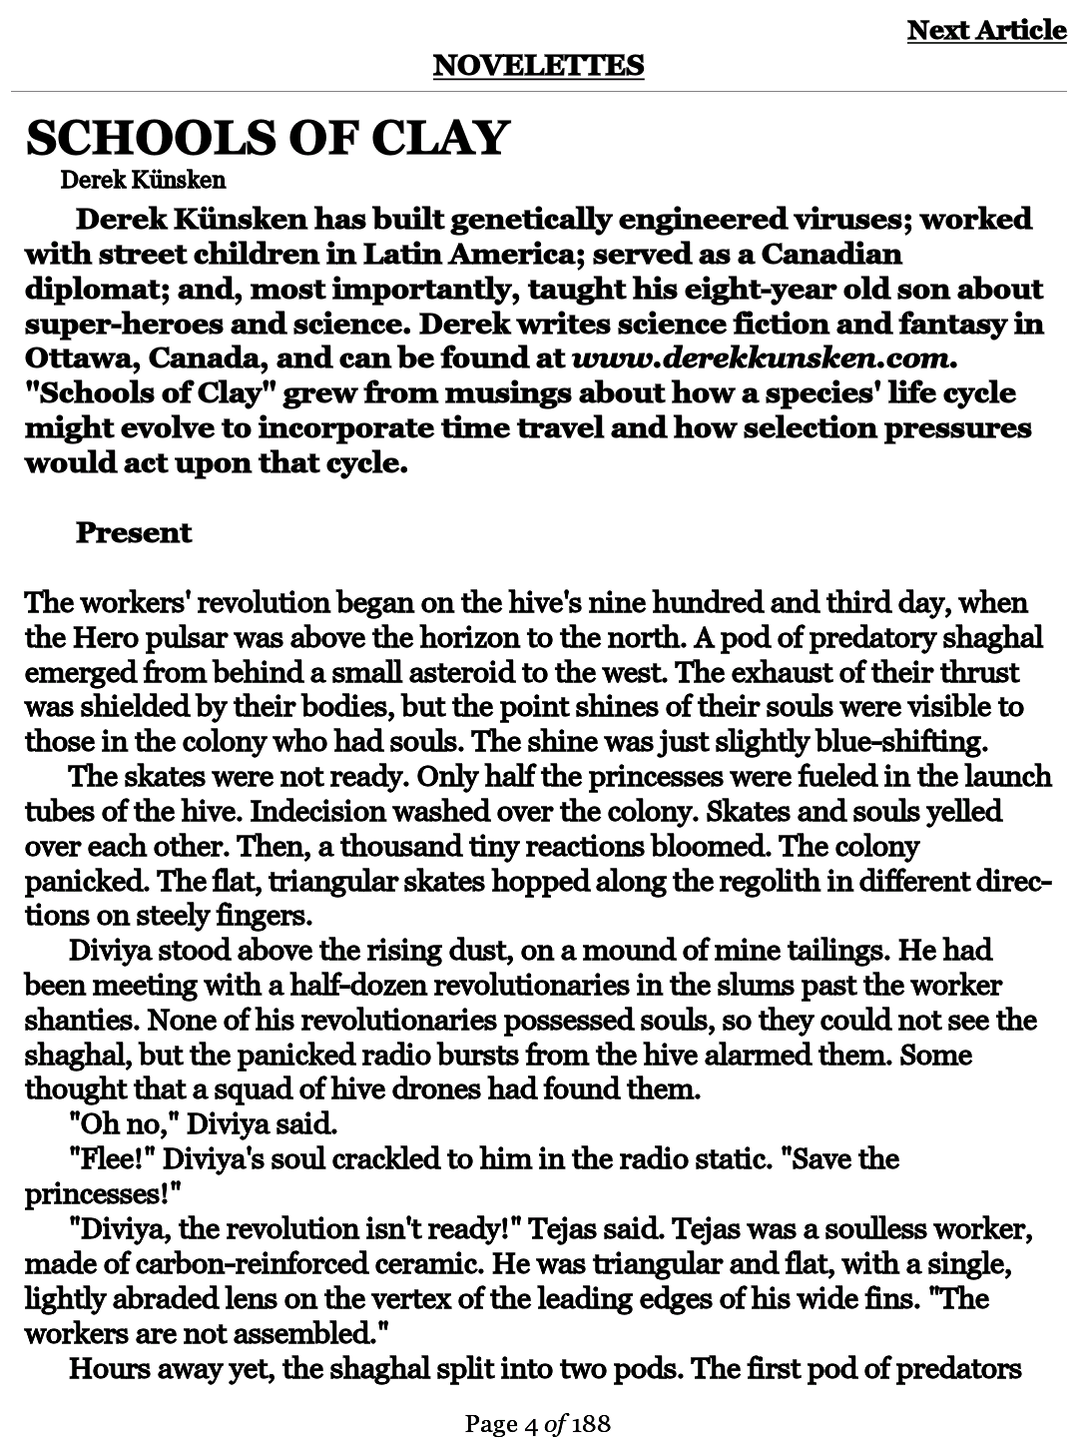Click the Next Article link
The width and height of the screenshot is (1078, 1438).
coord(986,31)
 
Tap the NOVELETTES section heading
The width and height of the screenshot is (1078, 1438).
coord(539,66)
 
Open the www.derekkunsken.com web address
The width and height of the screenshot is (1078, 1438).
coord(756,358)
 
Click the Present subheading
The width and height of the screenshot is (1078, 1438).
coord(134,532)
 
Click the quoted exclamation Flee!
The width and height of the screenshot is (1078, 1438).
coord(110,1159)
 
